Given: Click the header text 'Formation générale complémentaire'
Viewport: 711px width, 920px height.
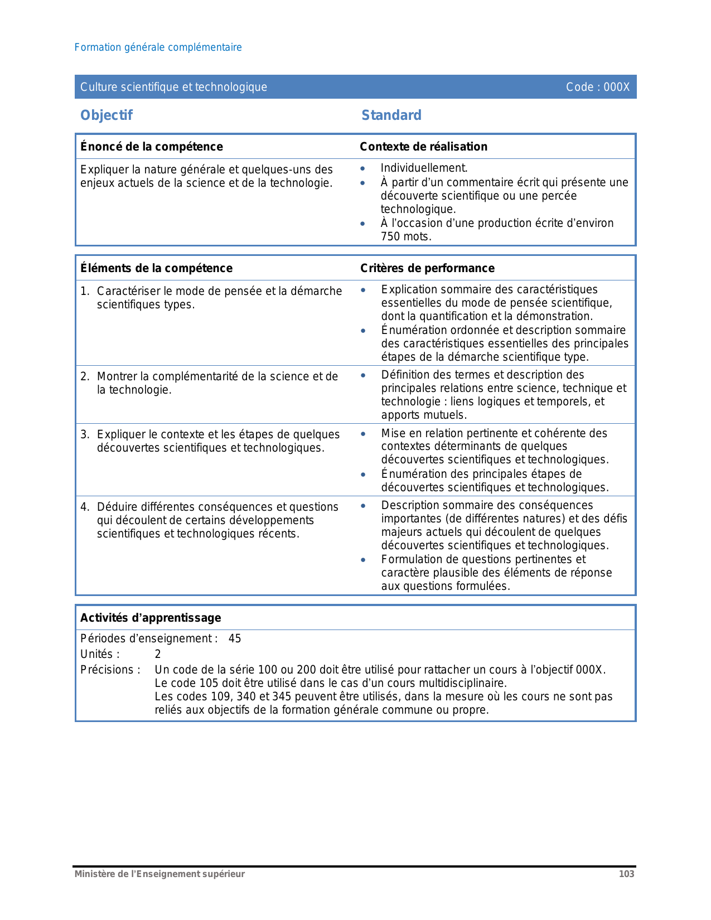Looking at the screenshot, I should pyautogui.click(x=158, y=47).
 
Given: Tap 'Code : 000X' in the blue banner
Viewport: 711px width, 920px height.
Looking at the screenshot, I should pyautogui.click(x=597, y=87).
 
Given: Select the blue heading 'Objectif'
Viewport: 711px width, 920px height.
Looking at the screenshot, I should pyautogui.click(x=107, y=115).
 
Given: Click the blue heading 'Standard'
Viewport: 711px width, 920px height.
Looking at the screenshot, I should pyautogui.click(x=391, y=115).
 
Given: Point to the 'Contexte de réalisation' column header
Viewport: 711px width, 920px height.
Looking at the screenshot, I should pyautogui.click(x=423, y=147).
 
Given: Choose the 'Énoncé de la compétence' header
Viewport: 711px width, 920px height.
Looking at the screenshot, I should pyautogui.click(x=152, y=147).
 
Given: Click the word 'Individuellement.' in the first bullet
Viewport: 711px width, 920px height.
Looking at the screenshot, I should pyautogui.click(x=424, y=168).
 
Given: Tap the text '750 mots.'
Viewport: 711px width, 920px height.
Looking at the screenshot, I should pyautogui.click(x=406, y=236).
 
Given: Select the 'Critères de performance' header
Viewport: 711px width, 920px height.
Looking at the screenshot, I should pyautogui.click(x=427, y=268).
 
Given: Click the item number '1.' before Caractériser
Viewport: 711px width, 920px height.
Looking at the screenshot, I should pyautogui.click(x=85, y=291).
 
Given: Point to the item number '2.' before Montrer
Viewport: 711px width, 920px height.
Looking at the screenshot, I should pyautogui.click(x=85, y=376).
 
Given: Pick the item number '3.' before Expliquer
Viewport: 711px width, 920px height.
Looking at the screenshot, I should pyautogui.click(x=85, y=434).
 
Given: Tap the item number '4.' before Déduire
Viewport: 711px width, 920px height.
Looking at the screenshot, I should pyautogui.click(x=85, y=507).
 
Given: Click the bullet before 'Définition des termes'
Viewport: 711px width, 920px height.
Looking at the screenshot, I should pyautogui.click(x=363, y=375).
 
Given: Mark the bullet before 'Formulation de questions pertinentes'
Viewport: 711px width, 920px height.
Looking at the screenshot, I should pyautogui.click(x=363, y=560).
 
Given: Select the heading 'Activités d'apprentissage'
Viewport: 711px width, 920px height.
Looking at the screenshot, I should pyautogui.click(x=151, y=618).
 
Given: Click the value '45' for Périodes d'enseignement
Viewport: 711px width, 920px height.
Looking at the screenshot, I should pyautogui.click(x=235, y=638).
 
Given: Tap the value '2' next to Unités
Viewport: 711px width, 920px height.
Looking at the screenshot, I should pyautogui.click(x=158, y=654).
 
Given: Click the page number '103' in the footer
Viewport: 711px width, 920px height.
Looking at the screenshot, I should pyautogui.click(x=626, y=874).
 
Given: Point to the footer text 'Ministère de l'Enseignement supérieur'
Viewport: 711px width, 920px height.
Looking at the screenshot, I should pyautogui.click(x=159, y=874).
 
